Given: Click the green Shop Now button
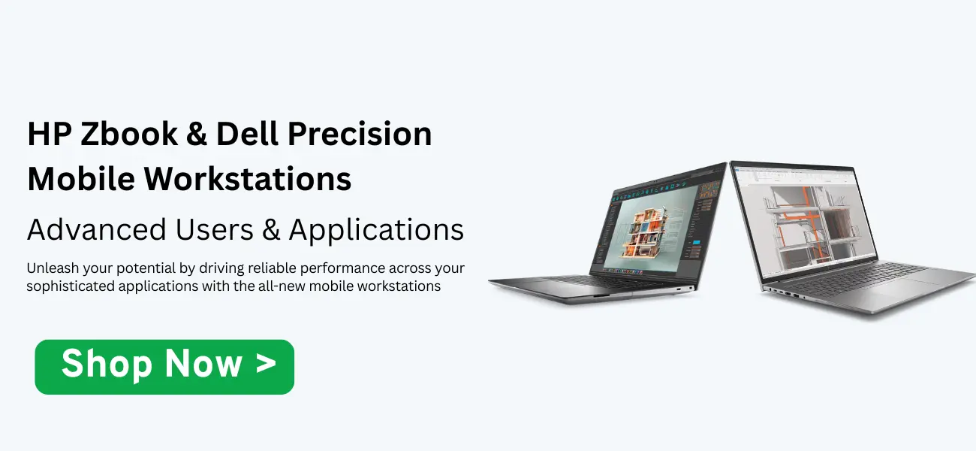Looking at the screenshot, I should (164, 367).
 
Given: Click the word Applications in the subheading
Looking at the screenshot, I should (376, 230).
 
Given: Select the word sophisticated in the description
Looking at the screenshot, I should (70, 286).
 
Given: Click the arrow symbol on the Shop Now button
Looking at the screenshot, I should (266, 365).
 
